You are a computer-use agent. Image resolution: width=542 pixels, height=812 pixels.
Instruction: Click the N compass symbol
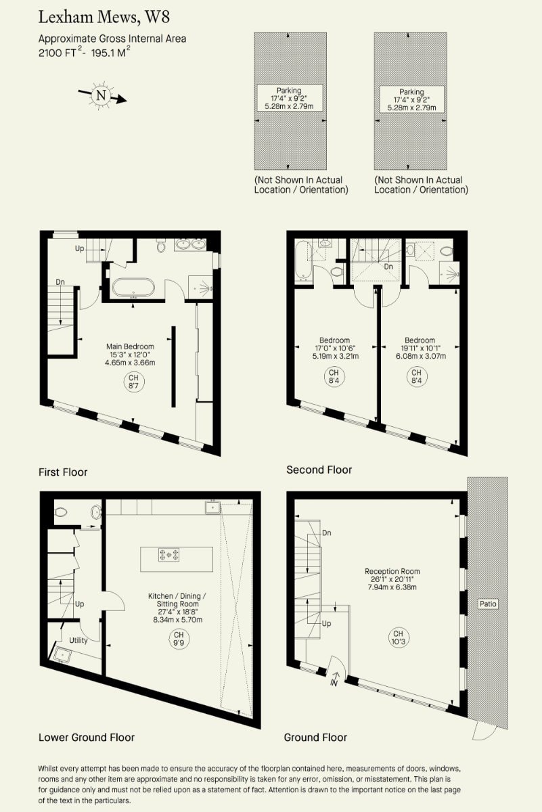101,95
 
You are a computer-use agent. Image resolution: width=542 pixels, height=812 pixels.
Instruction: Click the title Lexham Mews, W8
104,18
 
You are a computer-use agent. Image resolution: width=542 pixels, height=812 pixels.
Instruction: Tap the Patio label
488,604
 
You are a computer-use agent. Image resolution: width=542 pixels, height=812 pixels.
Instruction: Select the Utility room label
78,641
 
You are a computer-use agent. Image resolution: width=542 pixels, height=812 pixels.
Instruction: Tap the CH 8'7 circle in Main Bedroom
133,382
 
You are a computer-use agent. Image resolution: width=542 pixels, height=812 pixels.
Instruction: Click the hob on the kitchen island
169,555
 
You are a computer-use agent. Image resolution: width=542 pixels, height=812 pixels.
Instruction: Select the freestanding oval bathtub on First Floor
133,288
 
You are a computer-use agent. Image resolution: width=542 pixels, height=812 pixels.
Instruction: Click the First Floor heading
63,472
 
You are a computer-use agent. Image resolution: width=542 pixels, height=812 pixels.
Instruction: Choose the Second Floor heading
319,470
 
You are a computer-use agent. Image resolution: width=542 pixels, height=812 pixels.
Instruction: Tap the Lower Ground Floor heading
87,738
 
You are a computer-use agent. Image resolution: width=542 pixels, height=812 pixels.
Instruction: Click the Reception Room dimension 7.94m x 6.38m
392,587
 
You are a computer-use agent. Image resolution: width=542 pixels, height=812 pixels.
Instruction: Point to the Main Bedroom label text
130,346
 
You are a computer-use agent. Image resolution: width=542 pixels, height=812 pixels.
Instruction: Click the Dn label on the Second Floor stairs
388,267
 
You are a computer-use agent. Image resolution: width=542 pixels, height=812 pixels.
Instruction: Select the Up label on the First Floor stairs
79,249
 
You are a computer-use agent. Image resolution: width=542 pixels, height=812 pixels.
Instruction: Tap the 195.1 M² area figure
110,52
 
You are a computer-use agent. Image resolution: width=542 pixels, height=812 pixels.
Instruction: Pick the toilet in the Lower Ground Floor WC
61,512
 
